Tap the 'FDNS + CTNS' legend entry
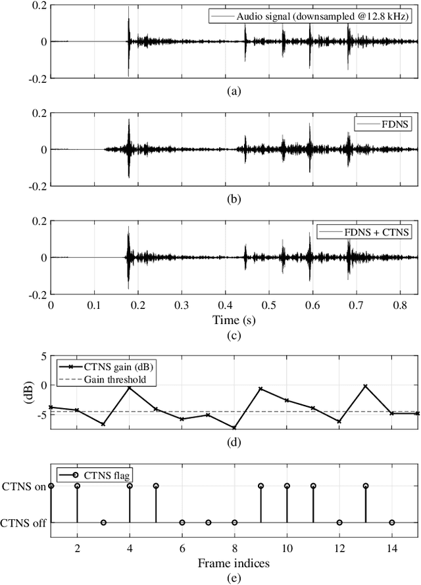click(364, 231)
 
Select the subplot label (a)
click(234, 91)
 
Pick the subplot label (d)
click(234, 442)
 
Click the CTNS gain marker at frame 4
click(130, 388)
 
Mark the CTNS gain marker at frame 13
click(365, 386)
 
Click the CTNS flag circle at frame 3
click(103, 523)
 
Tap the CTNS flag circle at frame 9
click(260, 486)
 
